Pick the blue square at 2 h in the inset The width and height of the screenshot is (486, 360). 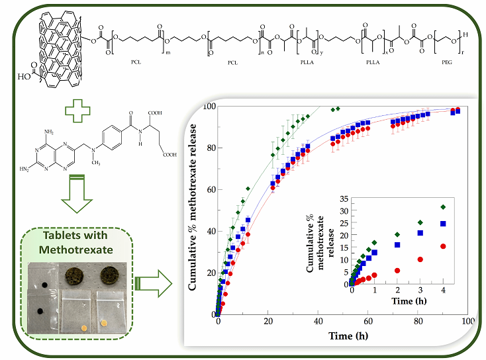coord(397,245)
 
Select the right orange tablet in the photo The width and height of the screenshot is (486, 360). coord(105,323)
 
